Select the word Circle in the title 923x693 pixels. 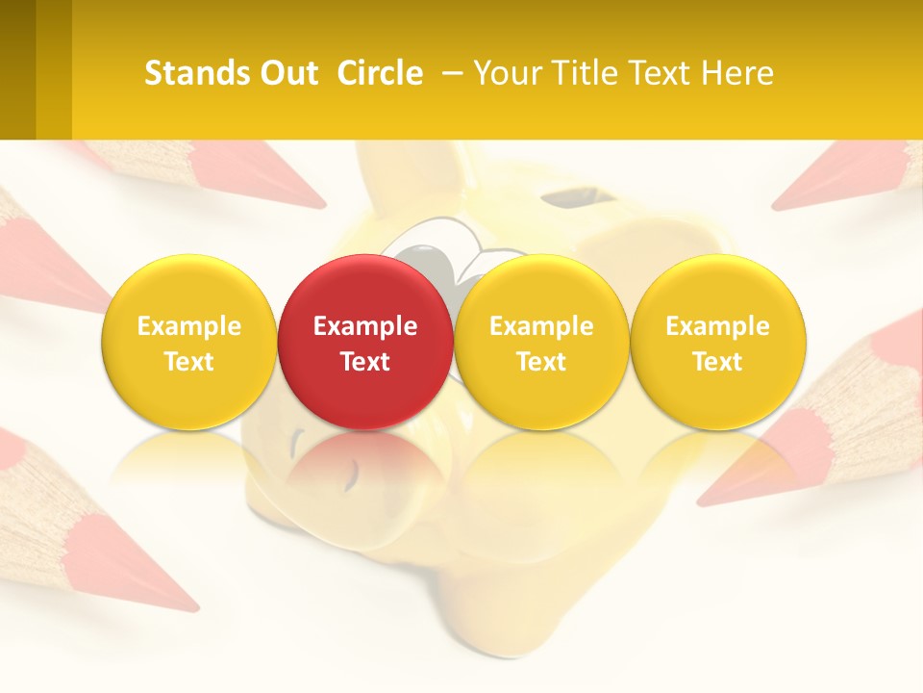380,73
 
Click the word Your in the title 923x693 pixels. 506,73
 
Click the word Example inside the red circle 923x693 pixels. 365,326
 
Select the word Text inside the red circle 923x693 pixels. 365,362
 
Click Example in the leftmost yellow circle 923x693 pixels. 189,326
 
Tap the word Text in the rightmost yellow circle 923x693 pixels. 717,362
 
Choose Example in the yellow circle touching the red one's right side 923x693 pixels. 541,326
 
